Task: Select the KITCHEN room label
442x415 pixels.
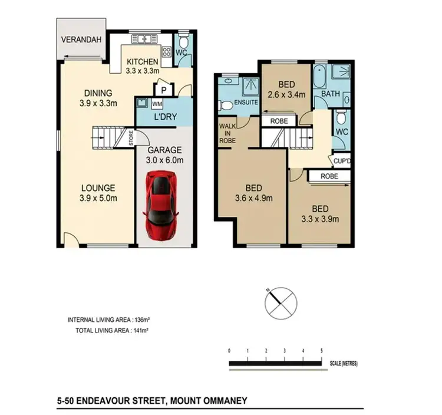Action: click(142, 62)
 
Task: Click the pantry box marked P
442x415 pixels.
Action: click(163, 90)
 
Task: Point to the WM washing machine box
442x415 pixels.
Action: click(157, 104)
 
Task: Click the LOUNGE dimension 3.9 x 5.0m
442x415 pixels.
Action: click(98, 198)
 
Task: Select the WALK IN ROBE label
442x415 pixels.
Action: click(227, 133)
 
